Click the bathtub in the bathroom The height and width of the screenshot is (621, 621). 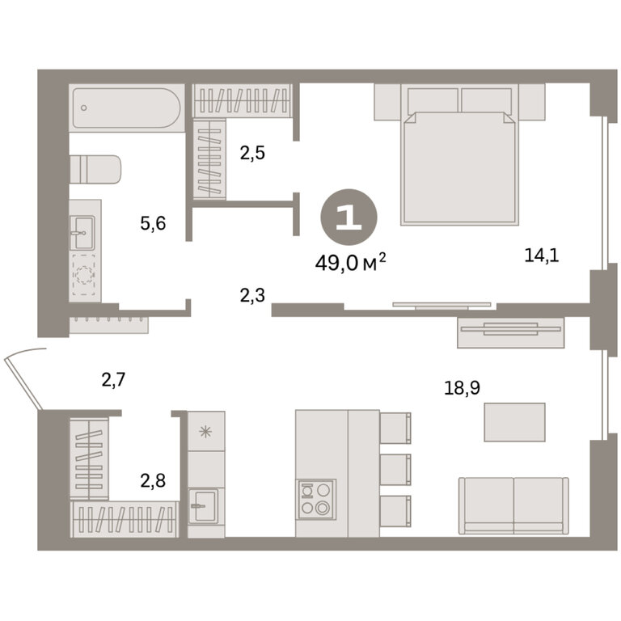(127, 108)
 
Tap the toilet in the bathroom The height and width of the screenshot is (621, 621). (95, 169)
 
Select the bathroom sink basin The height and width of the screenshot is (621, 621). (82, 233)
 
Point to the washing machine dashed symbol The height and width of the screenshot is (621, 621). (83, 274)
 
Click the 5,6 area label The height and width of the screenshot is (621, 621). (153, 224)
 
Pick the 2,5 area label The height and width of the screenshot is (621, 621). (252, 153)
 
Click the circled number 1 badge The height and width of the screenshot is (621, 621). (349, 217)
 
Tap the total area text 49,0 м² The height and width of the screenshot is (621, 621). (350, 263)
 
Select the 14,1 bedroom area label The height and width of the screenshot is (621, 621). (542, 256)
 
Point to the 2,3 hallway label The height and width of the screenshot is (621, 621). (252, 295)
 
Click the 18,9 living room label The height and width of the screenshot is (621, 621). (463, 388)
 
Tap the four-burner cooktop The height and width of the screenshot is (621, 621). (315, 499)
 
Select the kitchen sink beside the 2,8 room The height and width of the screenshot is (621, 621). (203, 505)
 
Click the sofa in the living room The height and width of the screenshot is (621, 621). (513, 505)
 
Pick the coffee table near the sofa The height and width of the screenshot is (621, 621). (514, 422)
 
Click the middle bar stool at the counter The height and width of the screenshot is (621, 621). (395, 469)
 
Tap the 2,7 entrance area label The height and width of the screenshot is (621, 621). (114, 380)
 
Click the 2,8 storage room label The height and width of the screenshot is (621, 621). (153, 481)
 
